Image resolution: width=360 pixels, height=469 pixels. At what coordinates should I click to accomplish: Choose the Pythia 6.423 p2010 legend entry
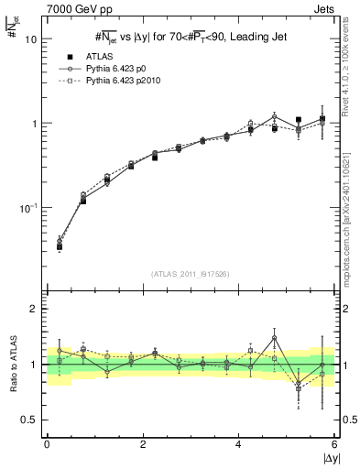coord(133,82)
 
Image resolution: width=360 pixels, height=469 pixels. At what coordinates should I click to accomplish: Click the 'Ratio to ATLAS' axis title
coord(12,364)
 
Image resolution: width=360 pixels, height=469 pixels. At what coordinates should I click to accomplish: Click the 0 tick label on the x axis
coord(47,444)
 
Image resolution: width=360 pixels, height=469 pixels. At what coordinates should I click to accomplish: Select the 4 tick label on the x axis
coord(239,444)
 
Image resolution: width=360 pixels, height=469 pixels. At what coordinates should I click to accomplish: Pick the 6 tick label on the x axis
coord(334,444)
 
